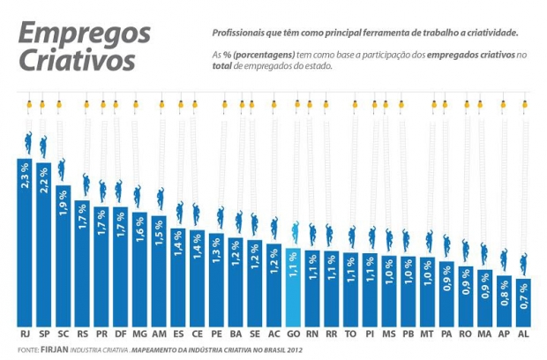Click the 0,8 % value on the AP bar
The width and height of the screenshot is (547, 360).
505,290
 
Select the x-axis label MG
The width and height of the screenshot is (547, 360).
139,335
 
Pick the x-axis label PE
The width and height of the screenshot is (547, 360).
217,335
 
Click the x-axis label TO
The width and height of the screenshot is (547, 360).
351,335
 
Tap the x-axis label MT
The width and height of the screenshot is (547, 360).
428,335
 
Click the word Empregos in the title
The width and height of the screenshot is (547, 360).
85,34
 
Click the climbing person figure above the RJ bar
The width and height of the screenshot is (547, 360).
26,143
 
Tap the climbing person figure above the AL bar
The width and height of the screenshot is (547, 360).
524,263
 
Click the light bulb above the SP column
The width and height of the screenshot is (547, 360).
43,104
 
